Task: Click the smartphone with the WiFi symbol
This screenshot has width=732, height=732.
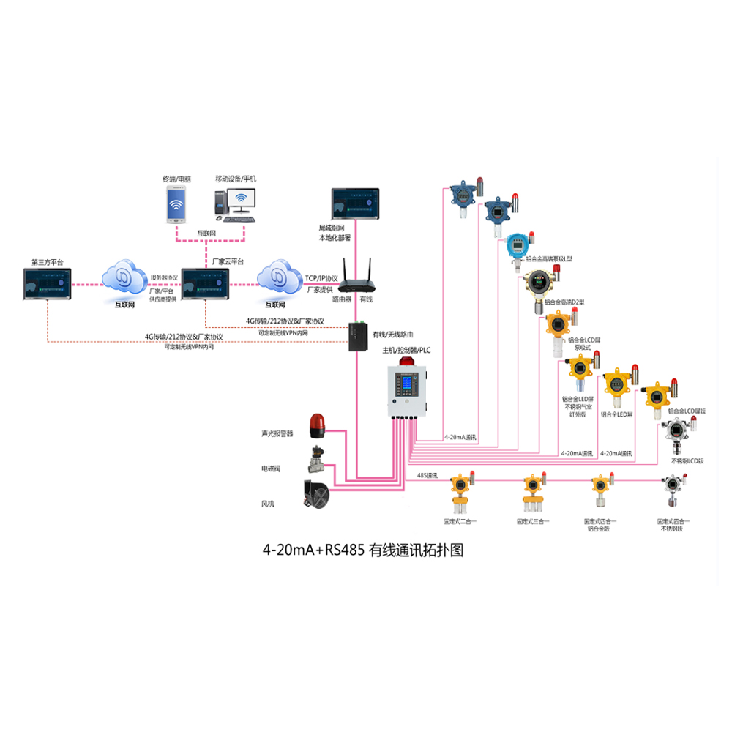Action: [176, 204]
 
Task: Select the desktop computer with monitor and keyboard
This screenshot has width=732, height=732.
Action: [236, 204]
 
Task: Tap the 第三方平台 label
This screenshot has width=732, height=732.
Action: [48, 261]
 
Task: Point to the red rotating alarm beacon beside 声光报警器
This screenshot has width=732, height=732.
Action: [316, 424]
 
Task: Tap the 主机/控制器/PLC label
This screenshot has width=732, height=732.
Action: [407, 351]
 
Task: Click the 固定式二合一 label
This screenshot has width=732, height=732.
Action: [460, 521]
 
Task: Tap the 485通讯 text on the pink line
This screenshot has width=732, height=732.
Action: [427, 475]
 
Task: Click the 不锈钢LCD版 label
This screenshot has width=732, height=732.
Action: [687, 460]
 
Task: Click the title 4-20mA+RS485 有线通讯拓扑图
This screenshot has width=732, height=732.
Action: [363, 550]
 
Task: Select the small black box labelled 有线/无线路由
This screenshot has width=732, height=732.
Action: [359, 335]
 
